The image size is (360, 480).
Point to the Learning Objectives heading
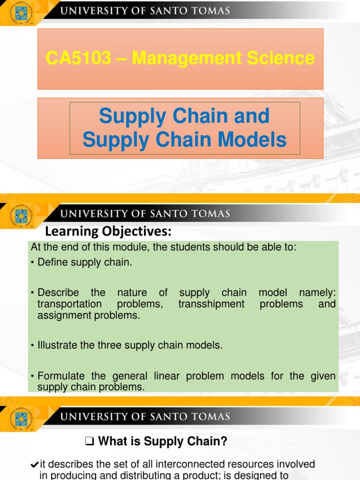(x=108, y=231)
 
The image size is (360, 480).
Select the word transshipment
(x=211, y=304)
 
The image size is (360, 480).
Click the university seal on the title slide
(x=21, y=13)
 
